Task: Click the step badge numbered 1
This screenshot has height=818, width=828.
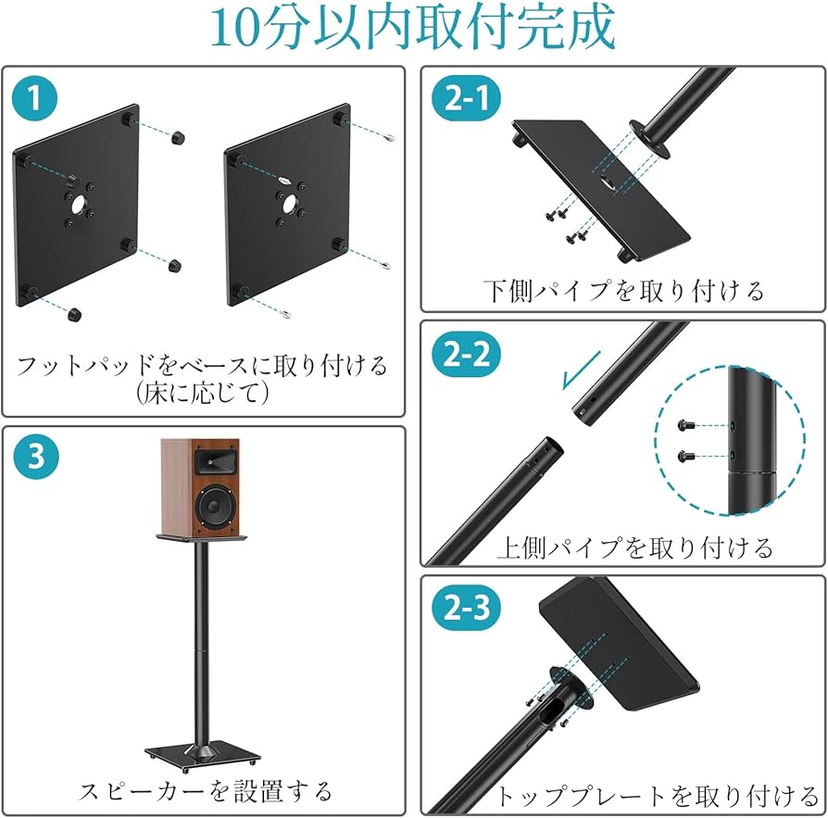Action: (x=35, y=99)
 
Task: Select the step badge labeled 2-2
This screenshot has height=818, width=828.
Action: (x=466, y=355)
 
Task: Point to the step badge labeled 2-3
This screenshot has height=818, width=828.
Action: (x=466, y=609)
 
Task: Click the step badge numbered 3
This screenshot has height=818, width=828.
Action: (x=35, y=458)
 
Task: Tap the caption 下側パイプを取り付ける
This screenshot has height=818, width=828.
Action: (x=622, y=291)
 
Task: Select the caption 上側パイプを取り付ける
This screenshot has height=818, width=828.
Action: (x=634, y=547)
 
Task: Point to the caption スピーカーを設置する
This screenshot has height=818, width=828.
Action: (x=205, y=790)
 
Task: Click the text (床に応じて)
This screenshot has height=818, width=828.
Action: (x=201, y=393)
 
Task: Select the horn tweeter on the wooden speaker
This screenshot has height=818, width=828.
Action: (x=212, y=459)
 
